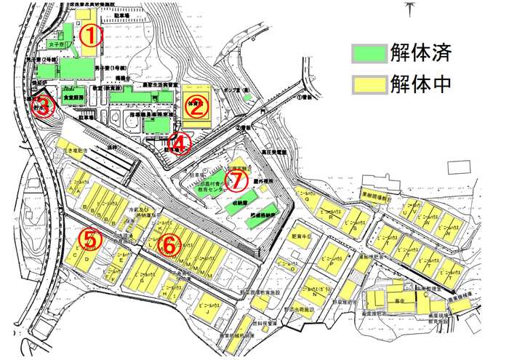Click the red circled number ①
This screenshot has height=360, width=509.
coord(89,35)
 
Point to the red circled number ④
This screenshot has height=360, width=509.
coord(178,143)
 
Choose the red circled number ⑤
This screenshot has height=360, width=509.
coord(89,239)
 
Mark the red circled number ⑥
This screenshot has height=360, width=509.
coord(167,245)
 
